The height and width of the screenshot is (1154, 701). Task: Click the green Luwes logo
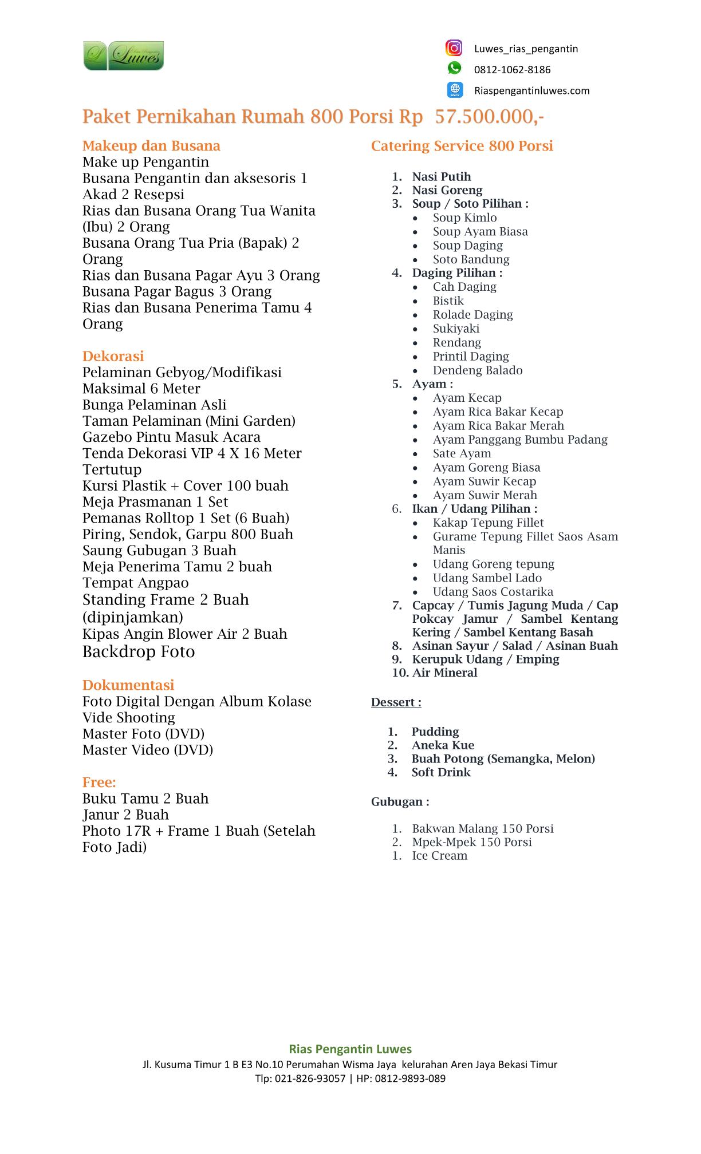(x=123, y=56)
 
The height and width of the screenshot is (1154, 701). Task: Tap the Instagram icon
(x=454, y=48)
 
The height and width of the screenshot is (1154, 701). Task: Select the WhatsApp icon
(x=454, y=69)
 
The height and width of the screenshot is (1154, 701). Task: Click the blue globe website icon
(x=455, y=90)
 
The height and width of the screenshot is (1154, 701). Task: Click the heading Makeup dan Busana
(x=151, y=146)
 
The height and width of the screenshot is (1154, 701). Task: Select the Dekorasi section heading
(x=113, y=356)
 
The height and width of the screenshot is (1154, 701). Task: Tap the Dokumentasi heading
(x=128, y=685)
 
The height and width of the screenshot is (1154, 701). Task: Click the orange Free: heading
(x=99, y=782)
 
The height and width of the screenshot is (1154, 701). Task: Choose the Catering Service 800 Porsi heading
(x=462, y=146)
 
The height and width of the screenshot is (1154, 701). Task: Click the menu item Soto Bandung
(x=471, y=259)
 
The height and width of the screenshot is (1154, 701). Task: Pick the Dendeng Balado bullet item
(x=477, y=370)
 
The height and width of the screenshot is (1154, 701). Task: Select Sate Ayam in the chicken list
(x=462, y=453)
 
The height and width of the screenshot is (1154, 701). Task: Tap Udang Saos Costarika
(x=493, y=592)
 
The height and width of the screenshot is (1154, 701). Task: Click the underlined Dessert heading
(x=396, y=702)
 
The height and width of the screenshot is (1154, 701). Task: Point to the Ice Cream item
(x=439, y=856)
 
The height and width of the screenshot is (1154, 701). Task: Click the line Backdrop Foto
(x=139, y=652)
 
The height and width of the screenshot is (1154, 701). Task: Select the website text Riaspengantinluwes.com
(x=531, y=90)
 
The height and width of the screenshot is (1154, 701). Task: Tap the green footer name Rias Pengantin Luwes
(x=350, y=1049)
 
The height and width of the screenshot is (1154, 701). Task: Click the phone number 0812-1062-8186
(x=512, y=70)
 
